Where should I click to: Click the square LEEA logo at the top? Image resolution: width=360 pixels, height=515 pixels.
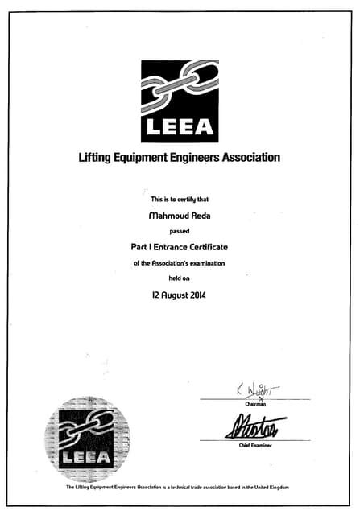[180, 100]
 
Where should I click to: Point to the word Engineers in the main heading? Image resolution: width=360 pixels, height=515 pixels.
[206, 158]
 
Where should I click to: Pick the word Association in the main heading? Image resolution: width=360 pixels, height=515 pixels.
[258, 158]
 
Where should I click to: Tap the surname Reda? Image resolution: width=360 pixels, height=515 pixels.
[200, 215]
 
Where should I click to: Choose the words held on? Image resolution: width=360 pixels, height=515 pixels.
[179, 278]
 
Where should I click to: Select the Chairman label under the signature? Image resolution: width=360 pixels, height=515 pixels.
[256, 403]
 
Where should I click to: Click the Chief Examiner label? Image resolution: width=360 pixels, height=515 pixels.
[255, 445]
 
